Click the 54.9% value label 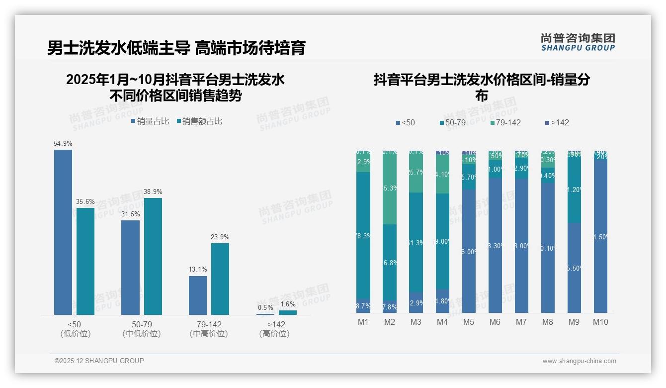[63, 144]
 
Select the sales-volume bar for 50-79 [130, 267]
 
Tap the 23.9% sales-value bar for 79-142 [220, 279]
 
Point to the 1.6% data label [288, 304]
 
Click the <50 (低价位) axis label [75, 329]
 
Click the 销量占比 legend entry [150, 121]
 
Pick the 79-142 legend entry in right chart [505, 122]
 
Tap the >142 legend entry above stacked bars [557, 122]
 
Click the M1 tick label [363, 322]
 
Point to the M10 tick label [600, 322]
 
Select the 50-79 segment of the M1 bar [363, 235]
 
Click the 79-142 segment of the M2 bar [390, 188]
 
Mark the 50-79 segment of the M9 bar [574, 189]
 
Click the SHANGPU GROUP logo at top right [578, 42]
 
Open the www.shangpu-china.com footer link [579, 361]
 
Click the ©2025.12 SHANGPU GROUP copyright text [99, 361]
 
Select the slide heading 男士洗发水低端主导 [118, 48]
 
